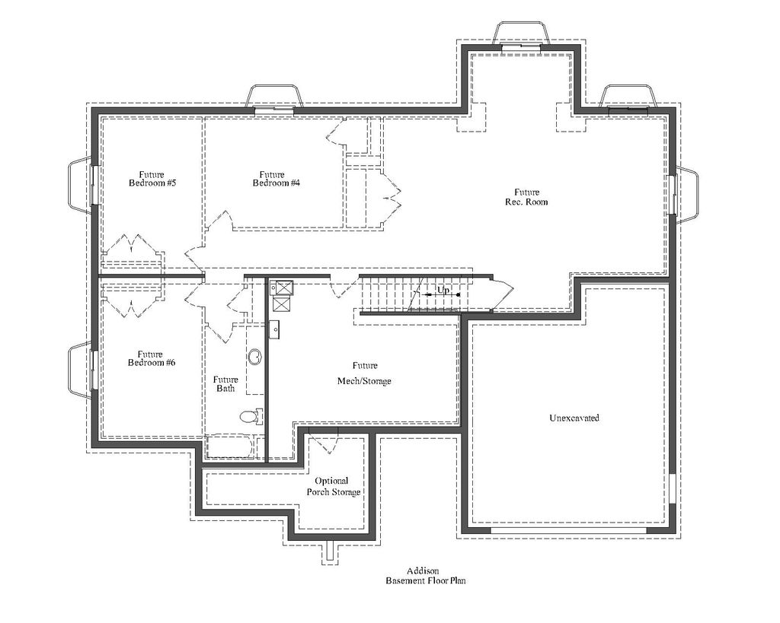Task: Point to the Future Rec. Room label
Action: click(x=526, y=197)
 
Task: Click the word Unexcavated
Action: click(x=574, y=418)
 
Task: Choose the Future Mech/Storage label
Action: click(x=364, y=373)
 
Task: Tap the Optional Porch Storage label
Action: click(x=333, y=486)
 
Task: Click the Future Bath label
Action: click(x=225, y=384)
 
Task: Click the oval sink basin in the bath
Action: click(x=255, y=355)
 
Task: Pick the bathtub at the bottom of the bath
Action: click(x=235, y=446)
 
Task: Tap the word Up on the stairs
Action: click(x=443, y=291)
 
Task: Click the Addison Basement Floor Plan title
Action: click(x=424, y=576)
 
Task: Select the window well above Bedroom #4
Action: click(x=274, y=97)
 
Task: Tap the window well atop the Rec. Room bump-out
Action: click(x=522, y=34)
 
